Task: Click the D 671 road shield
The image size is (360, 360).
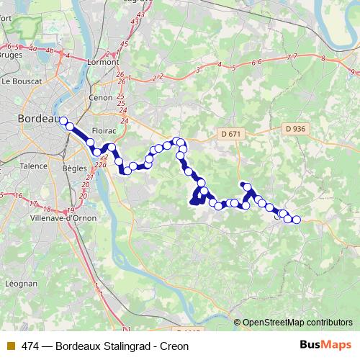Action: coord(231,133)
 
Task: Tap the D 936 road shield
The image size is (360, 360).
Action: coord(295,129)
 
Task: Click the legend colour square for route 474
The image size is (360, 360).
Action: coord(10,346)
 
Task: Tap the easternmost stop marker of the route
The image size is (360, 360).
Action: coord(296,219)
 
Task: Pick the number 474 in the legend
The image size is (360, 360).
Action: coord(31,346)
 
